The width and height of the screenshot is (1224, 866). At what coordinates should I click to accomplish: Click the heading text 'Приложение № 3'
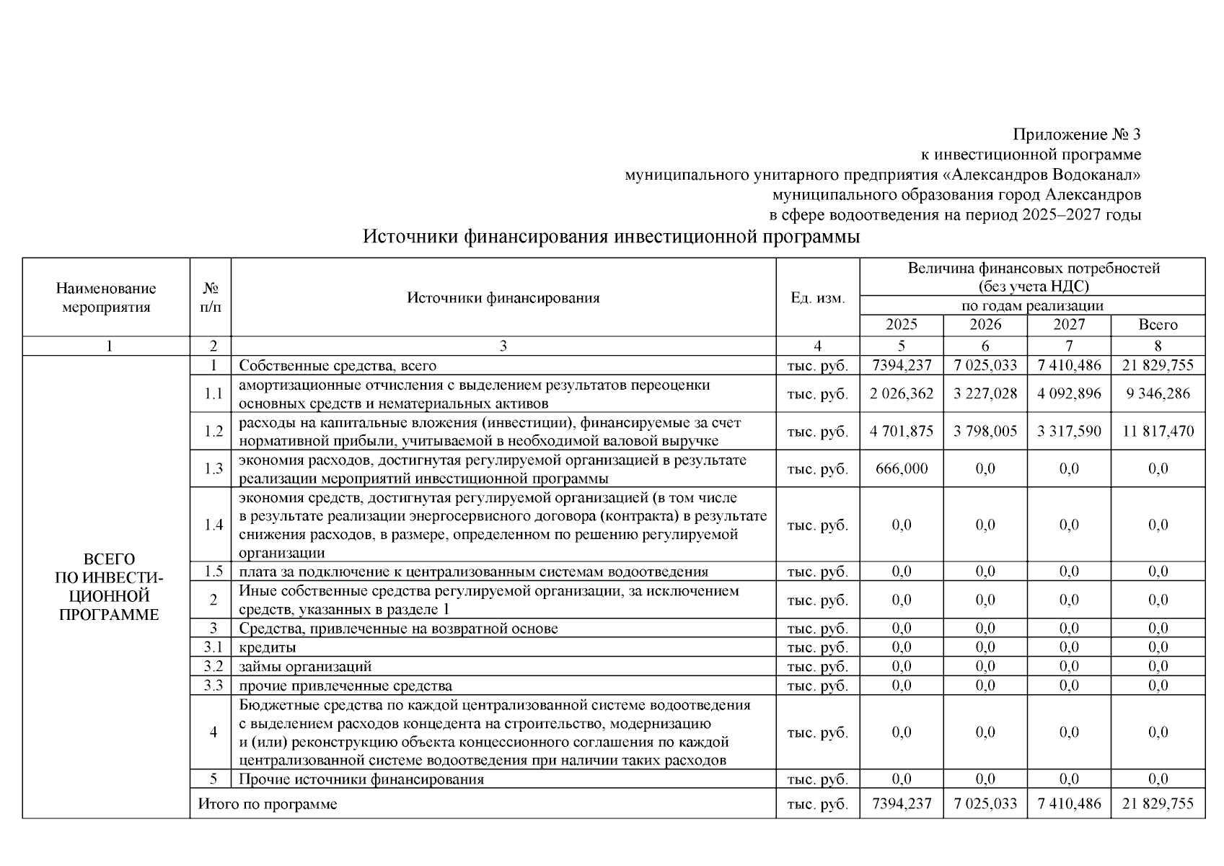point(1076,135)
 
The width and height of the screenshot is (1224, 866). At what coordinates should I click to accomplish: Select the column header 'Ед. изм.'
point(817,298)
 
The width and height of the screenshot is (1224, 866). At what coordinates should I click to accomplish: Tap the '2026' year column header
point(985,325)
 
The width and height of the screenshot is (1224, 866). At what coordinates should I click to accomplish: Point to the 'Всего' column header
point(1157,325)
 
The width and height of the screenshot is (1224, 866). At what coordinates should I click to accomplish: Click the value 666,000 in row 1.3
point(901,469)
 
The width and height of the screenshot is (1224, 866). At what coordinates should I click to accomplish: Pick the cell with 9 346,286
point(1157,394)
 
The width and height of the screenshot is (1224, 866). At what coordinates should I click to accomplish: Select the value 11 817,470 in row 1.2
point(1157,432)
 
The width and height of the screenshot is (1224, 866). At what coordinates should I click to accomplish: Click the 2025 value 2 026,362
point(901,394)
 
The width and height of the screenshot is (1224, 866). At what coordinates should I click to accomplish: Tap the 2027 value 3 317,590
point(1068,432)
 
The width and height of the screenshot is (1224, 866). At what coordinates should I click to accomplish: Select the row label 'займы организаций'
point(305,667)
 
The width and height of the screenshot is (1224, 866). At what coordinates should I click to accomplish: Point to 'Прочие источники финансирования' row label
point(361,779)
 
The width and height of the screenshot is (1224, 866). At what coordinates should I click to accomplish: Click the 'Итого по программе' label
point(268,804)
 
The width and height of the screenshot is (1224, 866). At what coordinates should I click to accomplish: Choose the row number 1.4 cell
point(213,525)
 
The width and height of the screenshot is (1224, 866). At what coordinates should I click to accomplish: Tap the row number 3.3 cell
point(213,686)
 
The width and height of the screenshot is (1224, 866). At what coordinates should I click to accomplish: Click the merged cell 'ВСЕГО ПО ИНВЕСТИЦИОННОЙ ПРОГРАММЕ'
point(108,587)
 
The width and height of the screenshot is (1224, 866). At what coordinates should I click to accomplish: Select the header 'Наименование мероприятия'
point(106,298)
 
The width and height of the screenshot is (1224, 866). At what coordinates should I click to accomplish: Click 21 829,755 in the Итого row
point(1157,804)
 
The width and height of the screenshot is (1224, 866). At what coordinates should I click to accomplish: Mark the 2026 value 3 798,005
point(985,432)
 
